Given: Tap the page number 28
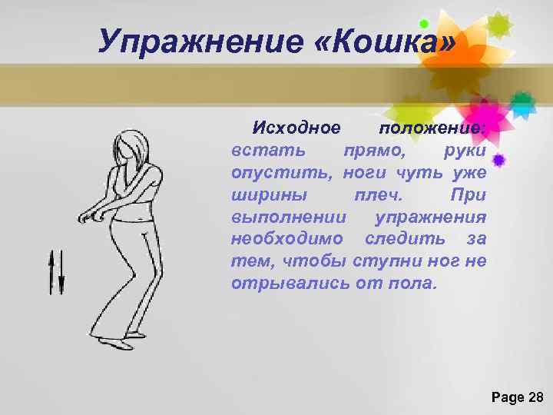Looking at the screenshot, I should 536,397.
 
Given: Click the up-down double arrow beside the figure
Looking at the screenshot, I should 56,273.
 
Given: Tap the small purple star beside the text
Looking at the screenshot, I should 498,161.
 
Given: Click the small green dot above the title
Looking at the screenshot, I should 423,24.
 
